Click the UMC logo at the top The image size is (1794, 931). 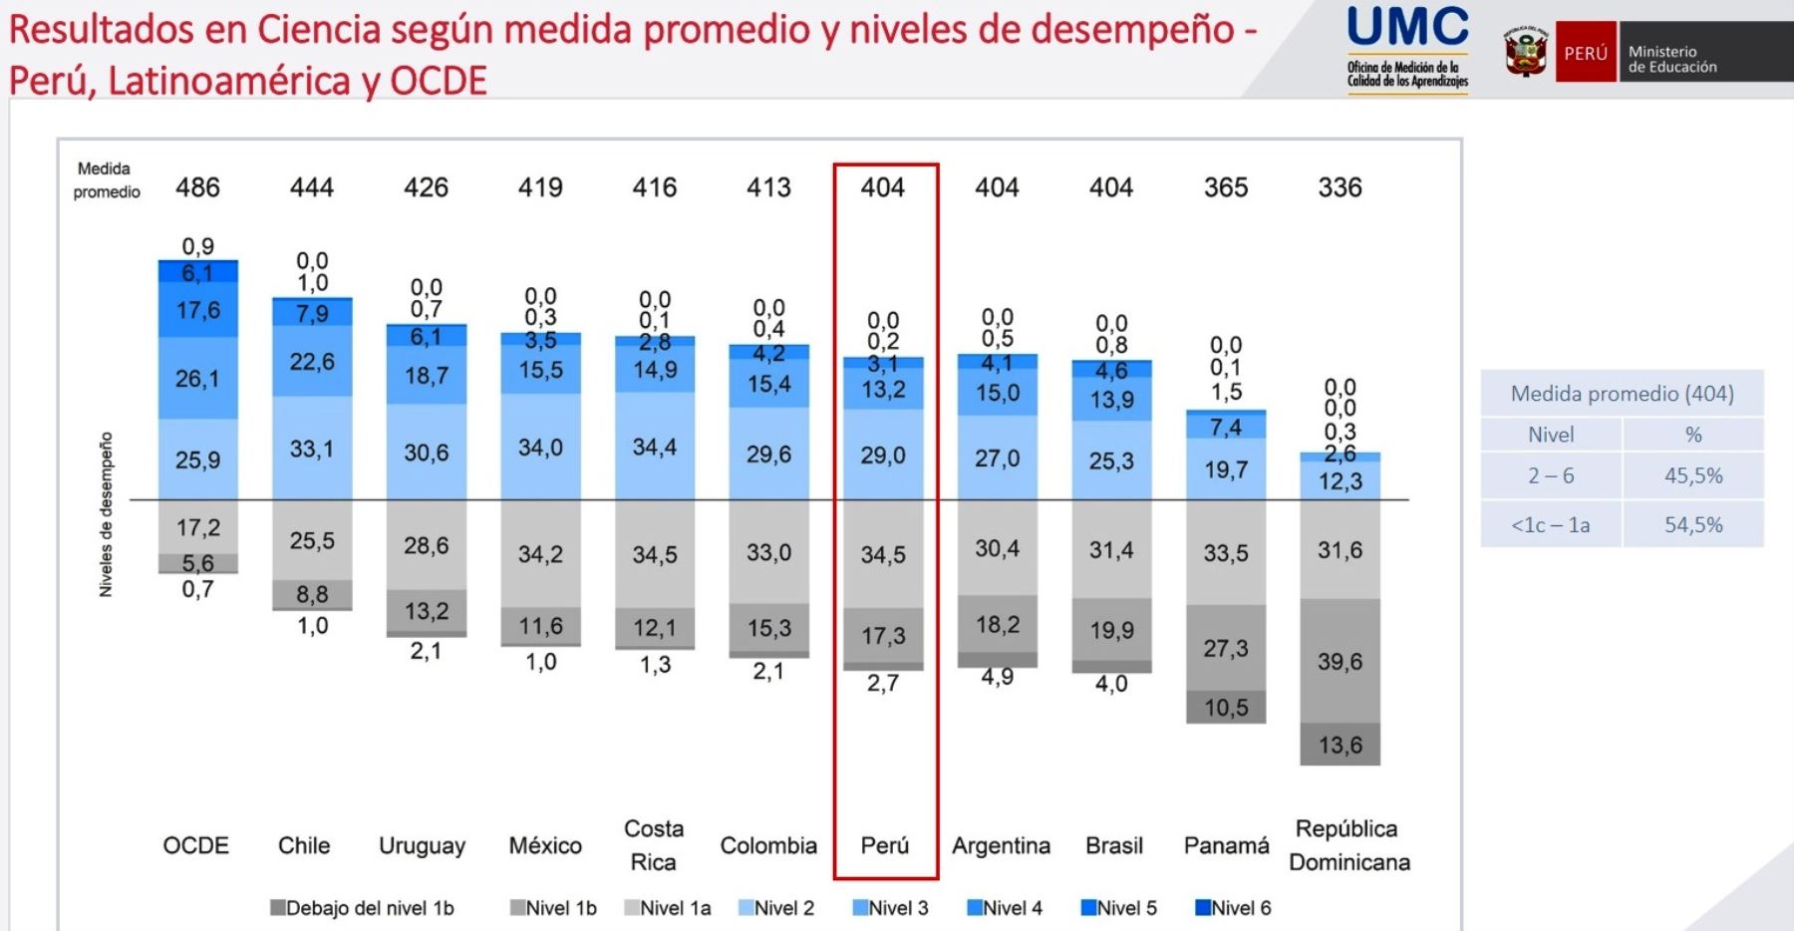click(x=1407, y=48)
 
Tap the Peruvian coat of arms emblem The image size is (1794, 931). click(x=1525, y=52)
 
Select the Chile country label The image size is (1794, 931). click(x=304, y=845)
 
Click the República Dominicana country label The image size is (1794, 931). click(x=1349, y=845)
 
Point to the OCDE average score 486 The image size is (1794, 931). click(x=197, y=187)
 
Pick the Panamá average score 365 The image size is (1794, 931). click(x=1226, y=187)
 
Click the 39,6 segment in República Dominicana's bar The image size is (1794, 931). click(x=1340, y=661)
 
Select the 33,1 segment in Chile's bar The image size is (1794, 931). click(x=312, y=450)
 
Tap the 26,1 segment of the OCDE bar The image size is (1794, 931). click(x=197, y=379)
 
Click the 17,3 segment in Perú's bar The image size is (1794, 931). click(x=883, y=636)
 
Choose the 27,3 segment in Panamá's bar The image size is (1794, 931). click(x=1226, y=649)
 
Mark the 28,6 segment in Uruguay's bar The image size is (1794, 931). click(x=426, y=545)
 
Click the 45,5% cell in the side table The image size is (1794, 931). click(x=1693, y=475)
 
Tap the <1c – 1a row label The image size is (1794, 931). click(x=1551, y=524)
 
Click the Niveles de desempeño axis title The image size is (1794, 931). click(x=106, y=514)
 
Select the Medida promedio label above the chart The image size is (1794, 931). click(x=106, y=180)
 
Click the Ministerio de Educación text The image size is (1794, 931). click(x=1672, y=60)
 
